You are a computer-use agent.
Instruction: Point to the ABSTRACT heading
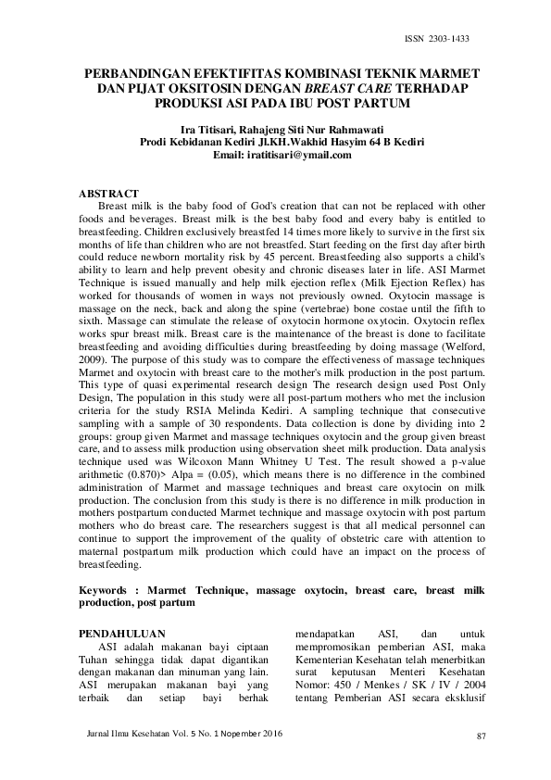point(109,192)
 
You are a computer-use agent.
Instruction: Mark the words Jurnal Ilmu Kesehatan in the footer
point(116,733)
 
